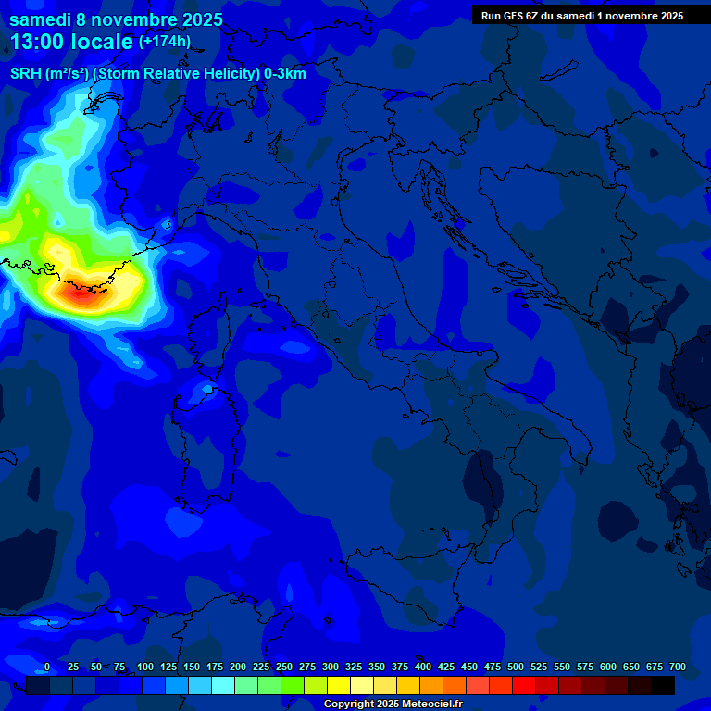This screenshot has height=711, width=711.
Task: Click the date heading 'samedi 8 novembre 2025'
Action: coord(116,19)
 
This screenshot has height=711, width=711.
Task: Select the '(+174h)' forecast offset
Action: coord(164,41)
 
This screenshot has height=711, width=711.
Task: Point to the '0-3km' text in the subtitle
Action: coord(285,73)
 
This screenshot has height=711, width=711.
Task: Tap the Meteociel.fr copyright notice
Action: coord(393,705)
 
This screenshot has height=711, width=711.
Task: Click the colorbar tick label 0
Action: coord(47,667)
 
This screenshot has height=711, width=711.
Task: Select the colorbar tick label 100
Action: coord(145,667)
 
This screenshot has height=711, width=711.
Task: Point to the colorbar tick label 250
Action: coord(284,667)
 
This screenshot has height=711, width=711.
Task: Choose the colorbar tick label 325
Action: coord(354,667)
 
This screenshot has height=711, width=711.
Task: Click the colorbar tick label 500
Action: coord(516,667)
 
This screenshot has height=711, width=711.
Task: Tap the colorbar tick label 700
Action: coord(677,667)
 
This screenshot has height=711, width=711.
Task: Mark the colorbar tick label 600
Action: coord(608,667)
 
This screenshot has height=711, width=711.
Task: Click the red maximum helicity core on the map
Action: coord(81,294)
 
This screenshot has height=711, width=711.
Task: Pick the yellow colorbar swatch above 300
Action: coord(339,685)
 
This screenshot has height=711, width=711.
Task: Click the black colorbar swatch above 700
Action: coord(663,685)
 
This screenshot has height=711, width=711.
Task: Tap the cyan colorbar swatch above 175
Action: coord(223,685)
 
